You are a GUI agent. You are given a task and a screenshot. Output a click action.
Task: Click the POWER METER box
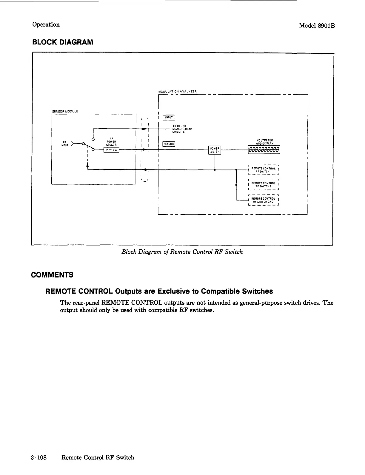point(215,150)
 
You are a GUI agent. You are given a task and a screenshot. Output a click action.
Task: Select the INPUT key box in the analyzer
point(169,118)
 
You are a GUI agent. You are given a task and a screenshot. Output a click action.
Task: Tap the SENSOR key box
point(169,144)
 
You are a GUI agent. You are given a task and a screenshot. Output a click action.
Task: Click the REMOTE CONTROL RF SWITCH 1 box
point(263,170)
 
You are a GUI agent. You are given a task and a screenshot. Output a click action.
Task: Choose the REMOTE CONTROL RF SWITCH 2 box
point(263,185)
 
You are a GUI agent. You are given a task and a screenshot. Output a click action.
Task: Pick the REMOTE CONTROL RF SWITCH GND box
point(263,200)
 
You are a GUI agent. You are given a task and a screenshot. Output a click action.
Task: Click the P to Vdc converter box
point(111,150)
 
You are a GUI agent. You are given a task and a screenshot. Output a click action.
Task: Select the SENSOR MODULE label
point(65,111)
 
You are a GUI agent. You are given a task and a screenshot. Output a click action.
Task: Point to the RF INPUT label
point(64,144)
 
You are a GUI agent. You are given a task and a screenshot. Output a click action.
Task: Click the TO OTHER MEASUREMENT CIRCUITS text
point(182,129)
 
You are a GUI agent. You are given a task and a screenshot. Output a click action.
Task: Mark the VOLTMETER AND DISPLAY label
point(264,142)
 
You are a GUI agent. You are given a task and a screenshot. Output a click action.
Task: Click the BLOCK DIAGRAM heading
point(63,42)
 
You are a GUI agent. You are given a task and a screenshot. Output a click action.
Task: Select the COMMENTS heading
point(52,275)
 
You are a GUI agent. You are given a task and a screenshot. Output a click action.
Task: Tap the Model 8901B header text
point(317,26)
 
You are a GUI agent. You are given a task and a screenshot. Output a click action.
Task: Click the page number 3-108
point(39,457)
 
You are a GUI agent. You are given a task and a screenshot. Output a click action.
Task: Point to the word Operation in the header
point(46,24)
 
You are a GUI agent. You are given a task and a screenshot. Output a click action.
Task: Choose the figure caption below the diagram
point(182,252)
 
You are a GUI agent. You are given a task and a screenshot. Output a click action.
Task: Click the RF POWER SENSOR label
point(111,141)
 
